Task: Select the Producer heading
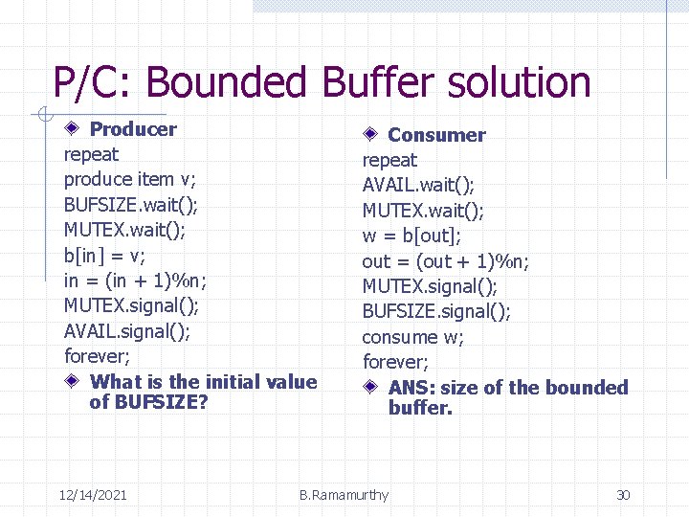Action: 133,129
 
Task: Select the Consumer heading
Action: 436,135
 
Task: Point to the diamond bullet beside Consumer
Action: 372,135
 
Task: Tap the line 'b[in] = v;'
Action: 104,255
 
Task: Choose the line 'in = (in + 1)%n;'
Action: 135,281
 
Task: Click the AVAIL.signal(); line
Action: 127,330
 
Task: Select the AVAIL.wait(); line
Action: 418,185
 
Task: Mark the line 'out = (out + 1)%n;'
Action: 446,261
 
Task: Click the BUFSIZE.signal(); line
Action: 436,311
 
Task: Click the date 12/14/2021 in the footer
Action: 93,495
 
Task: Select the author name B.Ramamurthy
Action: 344,495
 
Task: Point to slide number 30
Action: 623,495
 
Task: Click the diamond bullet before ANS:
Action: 372,388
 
